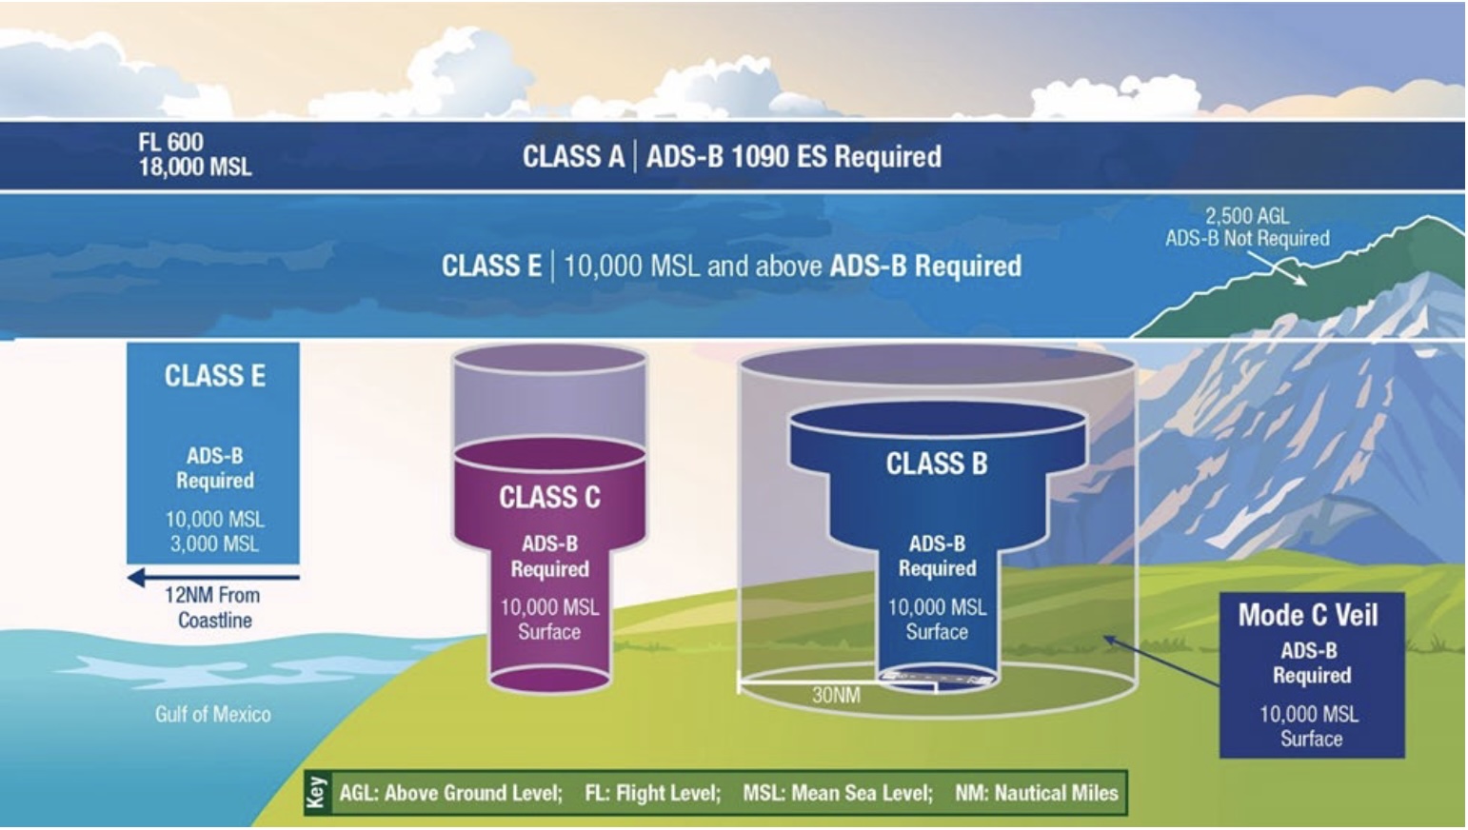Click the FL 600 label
coord(171,142)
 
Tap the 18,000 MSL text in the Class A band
coord(195,168)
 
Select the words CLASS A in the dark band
coord(573,156)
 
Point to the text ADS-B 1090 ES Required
coord(794,156)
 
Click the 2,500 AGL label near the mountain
coord(1247,215)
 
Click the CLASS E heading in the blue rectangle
coord(215,376)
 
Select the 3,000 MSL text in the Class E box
coord(214,543)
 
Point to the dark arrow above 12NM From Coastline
coord(213,578)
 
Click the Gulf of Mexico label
coord(213,714)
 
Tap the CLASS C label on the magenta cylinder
coord(550,497)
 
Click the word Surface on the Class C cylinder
coord(549,631)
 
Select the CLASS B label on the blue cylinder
coord(937,464)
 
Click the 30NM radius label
coord(836,695)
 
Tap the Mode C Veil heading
coord(1308,615)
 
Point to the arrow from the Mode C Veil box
coord(1161,661)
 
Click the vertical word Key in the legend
coord(317,793)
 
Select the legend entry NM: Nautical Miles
coord(1037,793)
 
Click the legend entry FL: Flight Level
coord(653,793)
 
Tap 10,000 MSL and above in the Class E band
coord(693,267)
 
